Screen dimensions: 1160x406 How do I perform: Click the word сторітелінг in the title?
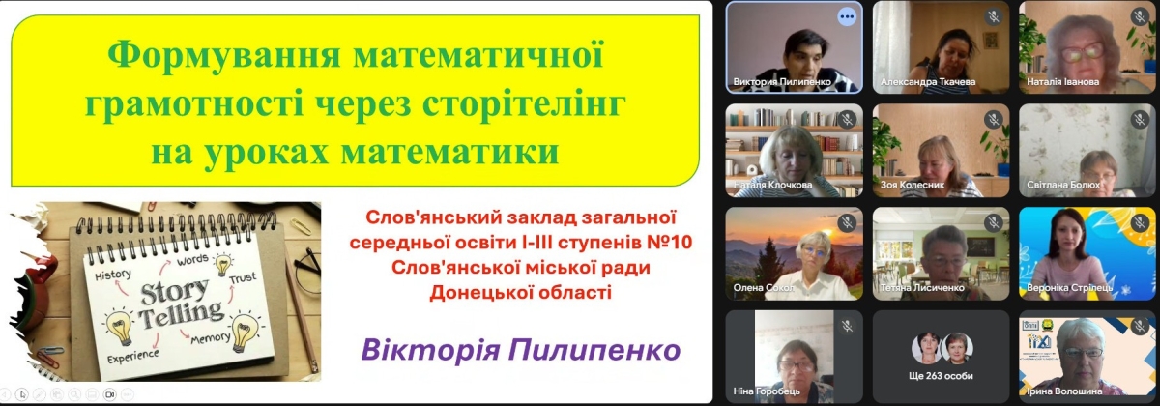pyautogui.click(x=524, y=103)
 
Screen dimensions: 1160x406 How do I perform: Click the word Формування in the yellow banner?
pyautogui.click(x=223, y=55)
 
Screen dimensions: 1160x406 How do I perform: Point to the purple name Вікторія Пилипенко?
pyautogui.click(x=520, y=350)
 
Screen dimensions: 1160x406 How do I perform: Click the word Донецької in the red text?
pyautogui.click(x=479, y=293)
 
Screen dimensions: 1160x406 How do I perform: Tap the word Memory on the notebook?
pyautogui.click(x=210, y=339)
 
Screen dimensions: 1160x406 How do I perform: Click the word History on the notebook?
pyautogui.click(x=113, y=275)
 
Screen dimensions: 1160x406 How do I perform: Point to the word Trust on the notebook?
pyautogui.click(x=243, y=279)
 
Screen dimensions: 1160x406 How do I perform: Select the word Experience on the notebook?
pyautogui.click(x=133, y=357)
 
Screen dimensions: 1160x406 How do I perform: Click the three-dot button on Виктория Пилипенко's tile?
pyautogui.click(x=847, y=16)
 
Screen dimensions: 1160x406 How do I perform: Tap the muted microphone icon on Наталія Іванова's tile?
pyautogui.click(x=1140, y=16)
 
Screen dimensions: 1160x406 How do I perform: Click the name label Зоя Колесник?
pyautogui.click(x=913, y=185)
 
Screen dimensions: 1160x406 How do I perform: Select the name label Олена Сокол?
pyautogui.click(x=764, y=287)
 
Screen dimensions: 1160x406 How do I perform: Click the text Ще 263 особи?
pyautogui.click(x=941, y=376)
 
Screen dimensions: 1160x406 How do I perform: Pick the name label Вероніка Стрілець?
pyautogui.click(x=1070, y=287)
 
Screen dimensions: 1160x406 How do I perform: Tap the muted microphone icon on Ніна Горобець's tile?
pyautogui.click(x=847, y=327)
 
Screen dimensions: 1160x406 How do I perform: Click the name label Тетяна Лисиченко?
pyautogui.click(x=922, y=287)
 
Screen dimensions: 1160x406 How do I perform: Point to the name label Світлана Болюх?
pyautogui.click(x=1063, y=185)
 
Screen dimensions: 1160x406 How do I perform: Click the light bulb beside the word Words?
pyautogui.click(x=223, y=264)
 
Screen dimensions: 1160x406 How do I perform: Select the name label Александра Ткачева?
pyautogui.click(x=928, y=82)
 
